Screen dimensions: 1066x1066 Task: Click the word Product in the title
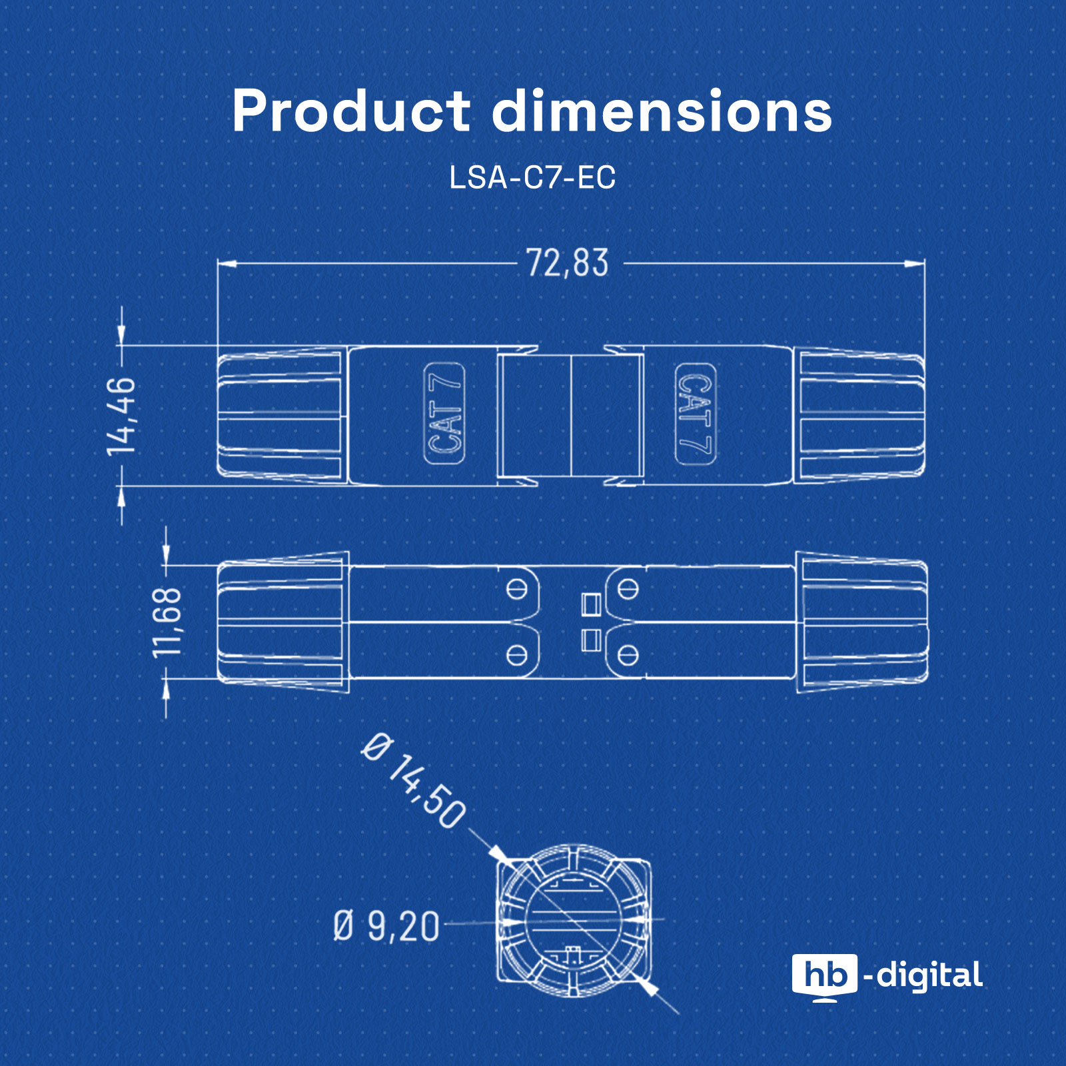pyautogui.click(x=351, y=111)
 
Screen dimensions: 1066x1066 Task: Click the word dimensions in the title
pyautogui.click(x=662, y=111)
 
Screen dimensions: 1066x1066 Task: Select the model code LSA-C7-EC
pyautogui.click(x=532, y=177)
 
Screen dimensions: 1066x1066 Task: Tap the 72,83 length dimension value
pyautogui.click(x=568, y=263)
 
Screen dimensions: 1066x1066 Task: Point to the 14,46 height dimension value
pyautogui.click(x=121, y=416)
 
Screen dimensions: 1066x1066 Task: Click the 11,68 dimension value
pyautogui.click(x=167, y=622)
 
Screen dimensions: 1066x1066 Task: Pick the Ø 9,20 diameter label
pyautogui.click(x=386, y=926)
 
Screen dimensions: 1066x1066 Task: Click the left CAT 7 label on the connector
pyautogui.click(x=444, y=414)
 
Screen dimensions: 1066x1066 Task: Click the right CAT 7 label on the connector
pyautogui.click(x=695, y=414)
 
